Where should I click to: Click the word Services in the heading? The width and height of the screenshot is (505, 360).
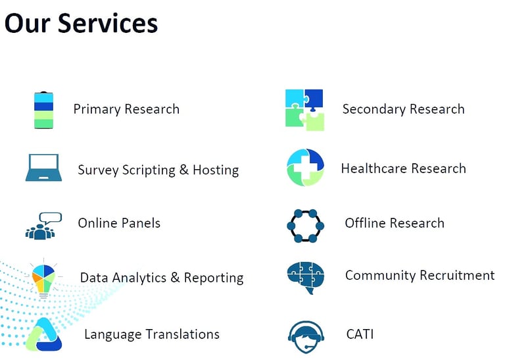[108, 23]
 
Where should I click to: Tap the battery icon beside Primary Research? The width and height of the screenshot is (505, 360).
[44, 110]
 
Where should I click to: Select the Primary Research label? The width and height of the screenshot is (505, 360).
[126, 109]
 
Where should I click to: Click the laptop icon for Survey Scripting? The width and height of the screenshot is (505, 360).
[44, 168]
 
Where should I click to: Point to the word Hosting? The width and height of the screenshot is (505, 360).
[216, 170]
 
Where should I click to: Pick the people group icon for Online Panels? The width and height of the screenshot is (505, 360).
[43, 226]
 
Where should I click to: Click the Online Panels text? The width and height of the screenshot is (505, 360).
[119, 223]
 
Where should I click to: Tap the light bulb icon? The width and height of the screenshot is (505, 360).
[44, 279]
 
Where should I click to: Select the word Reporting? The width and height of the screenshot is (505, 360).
[214, 278]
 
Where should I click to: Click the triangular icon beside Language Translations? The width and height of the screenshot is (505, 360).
[44, 335]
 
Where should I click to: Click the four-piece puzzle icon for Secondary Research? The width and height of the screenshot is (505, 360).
[304, 110]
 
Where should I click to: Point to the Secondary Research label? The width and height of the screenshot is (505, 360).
[404, 109]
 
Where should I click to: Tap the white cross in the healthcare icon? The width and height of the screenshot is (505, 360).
[305, 168]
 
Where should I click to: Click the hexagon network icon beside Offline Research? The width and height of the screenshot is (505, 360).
[305, 226]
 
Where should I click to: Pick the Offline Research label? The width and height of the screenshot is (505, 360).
[395, 223]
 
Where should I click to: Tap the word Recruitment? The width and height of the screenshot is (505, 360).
[458, 275]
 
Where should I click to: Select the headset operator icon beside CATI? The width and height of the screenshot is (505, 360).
[306, 337]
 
